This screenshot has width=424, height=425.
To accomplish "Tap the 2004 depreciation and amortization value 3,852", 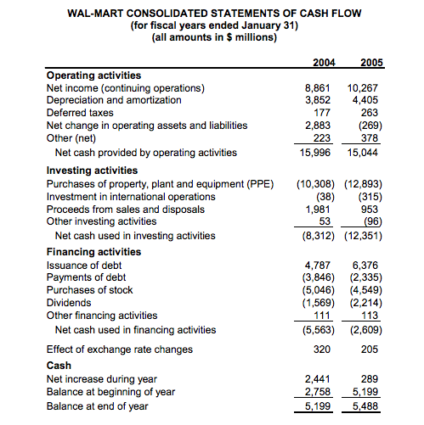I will pyautogui.click(x=317, y=100).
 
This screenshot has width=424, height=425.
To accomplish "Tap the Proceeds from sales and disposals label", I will pyautogui.click(x=126, y=209).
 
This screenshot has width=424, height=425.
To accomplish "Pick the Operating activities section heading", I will pyautogui.click(x=93, y=75).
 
